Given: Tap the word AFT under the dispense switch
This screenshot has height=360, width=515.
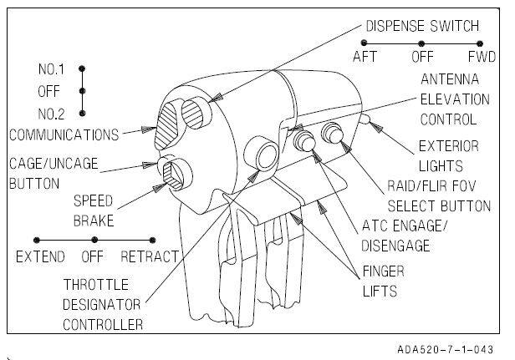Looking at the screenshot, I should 365,58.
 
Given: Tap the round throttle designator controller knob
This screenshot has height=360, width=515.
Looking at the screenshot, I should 266,155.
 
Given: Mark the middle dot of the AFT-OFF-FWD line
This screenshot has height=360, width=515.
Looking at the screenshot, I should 421,43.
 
